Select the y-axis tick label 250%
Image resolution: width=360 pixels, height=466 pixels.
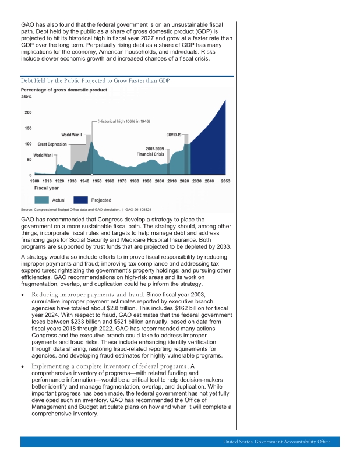(26, 97)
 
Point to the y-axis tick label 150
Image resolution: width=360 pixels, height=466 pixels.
(27, 128)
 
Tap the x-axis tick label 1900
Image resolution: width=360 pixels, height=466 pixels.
(35, 181)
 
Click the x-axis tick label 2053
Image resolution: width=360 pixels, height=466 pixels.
(225, 181)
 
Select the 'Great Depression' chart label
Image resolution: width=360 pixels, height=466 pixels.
(52, 144)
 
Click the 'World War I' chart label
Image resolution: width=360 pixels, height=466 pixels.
(43, 156)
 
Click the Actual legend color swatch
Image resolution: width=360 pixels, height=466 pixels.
(47, 200)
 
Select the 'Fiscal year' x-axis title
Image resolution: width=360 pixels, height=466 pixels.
(47, 188)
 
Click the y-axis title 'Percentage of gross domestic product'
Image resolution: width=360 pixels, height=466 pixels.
(64, 90)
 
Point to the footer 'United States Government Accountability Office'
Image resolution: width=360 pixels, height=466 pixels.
(276, 442)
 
